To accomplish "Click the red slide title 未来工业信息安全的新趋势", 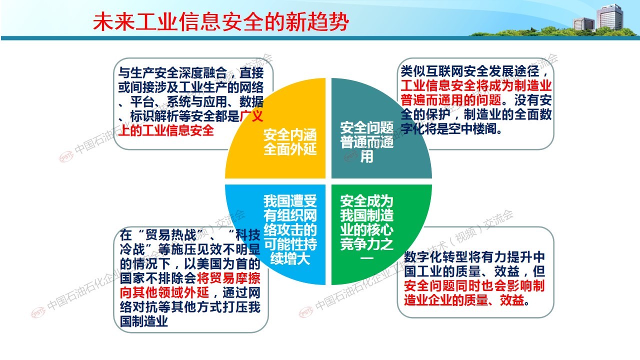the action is pos(220,21).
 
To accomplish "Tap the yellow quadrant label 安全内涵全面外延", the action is pos(290,142).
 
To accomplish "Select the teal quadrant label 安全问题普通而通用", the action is pos(367,142).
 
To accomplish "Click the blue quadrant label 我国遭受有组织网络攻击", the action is pos(290,229).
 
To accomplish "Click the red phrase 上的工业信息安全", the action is pos(166,130).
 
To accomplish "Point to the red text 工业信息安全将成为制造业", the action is pos(476,85).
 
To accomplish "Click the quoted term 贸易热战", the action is pos(170,235).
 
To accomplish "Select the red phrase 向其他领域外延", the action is pos(164,292).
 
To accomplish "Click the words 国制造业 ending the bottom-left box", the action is pos(143,321).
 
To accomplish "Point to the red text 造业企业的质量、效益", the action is pos(464,300).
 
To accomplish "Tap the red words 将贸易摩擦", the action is pos(228,278).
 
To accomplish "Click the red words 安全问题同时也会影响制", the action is pos(474,285).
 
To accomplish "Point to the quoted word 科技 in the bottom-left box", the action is pos(247,235).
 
